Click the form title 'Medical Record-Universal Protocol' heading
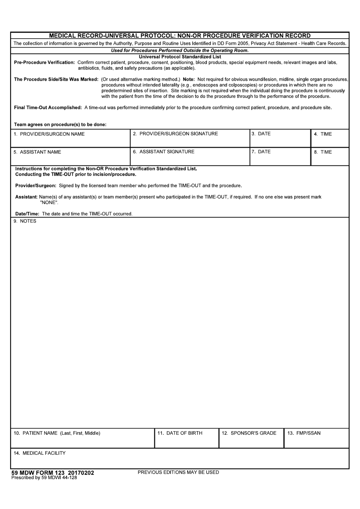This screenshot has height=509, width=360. click(180, 36)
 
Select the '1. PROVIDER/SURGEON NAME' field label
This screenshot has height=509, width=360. click(49, 134)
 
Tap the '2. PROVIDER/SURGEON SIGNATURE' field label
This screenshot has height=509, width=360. click(175, 134)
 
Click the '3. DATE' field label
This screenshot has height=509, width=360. click(261, 134)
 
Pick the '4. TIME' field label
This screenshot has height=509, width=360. click(322, 134)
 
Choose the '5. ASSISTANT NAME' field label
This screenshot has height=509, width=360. click(37, 152)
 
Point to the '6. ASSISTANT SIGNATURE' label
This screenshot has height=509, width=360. click(163, 152)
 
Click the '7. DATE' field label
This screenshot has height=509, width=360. click(261, 152)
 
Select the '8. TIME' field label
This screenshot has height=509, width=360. click(322, 152)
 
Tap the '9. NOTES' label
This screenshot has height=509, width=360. click(25, 221)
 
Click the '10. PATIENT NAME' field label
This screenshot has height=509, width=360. click(57, 433)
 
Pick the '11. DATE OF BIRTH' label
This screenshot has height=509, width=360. click(180, 433)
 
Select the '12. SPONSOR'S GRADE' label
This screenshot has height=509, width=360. click(249, 433)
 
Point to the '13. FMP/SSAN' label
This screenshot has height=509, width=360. click(304, 433)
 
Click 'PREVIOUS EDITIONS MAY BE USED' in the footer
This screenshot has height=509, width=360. click(178, 473)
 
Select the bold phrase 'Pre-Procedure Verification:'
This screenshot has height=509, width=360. click(44, 63)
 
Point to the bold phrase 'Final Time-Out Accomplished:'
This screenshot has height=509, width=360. click(48, 108)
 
